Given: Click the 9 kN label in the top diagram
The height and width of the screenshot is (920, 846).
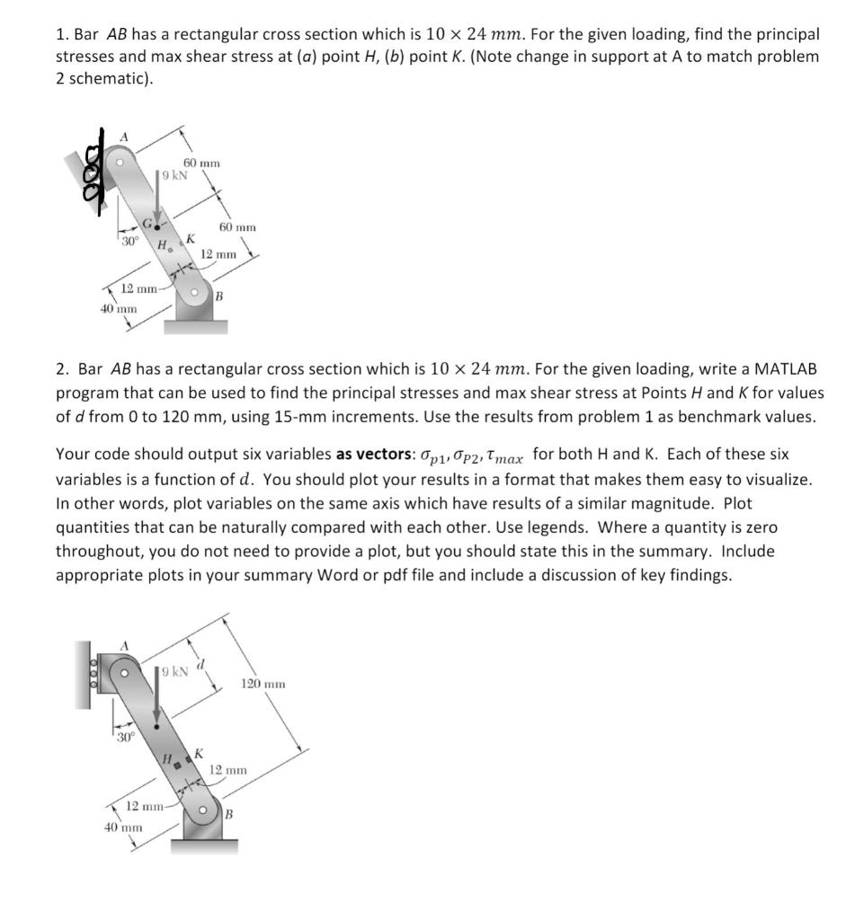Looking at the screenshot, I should [x=174, y=175].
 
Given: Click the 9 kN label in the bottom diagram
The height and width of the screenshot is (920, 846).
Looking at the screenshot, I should [x=173, y=671].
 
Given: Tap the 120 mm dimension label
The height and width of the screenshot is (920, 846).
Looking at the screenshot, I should [x=263, y=685].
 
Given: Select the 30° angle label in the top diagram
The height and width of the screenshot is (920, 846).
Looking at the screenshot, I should [x=130, y=241].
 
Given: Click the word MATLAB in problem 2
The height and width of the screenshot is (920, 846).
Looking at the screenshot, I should [x=783, y=369].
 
